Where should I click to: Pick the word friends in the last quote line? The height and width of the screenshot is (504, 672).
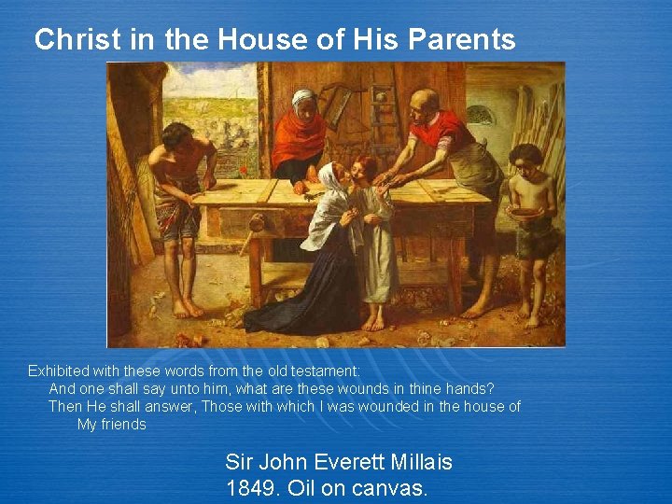(x=123, y=424)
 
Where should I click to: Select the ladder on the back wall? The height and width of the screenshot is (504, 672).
(x=383, y=112)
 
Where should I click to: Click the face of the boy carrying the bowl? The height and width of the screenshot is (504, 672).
(x=526, y=164)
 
